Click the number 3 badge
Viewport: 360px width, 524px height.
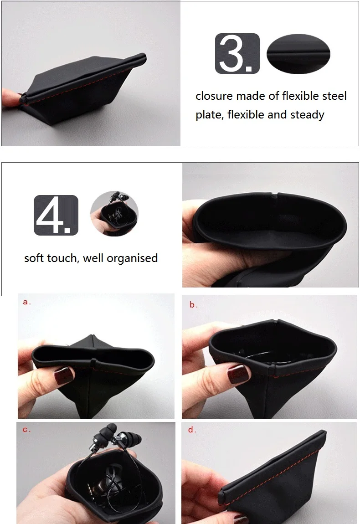[237, 53]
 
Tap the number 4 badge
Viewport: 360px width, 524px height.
[56, 215]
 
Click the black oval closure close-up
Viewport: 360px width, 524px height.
[298, 53]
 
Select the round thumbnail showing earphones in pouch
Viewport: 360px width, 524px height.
[114, 214]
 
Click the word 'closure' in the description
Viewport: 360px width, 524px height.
[214, 96]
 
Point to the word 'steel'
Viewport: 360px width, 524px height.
[334, 96]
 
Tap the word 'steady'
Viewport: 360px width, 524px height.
[307, 115]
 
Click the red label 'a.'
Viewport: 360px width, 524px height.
[27, 302]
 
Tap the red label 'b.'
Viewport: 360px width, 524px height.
[194, 305]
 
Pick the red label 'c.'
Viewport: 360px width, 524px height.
[26, 430]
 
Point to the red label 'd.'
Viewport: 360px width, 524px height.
[192, 430]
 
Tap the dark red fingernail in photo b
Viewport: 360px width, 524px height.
[238, 373]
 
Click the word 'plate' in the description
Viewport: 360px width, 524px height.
[209, 115]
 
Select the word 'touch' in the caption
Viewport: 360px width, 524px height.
[62, 258]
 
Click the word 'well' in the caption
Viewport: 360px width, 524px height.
[93, 258]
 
